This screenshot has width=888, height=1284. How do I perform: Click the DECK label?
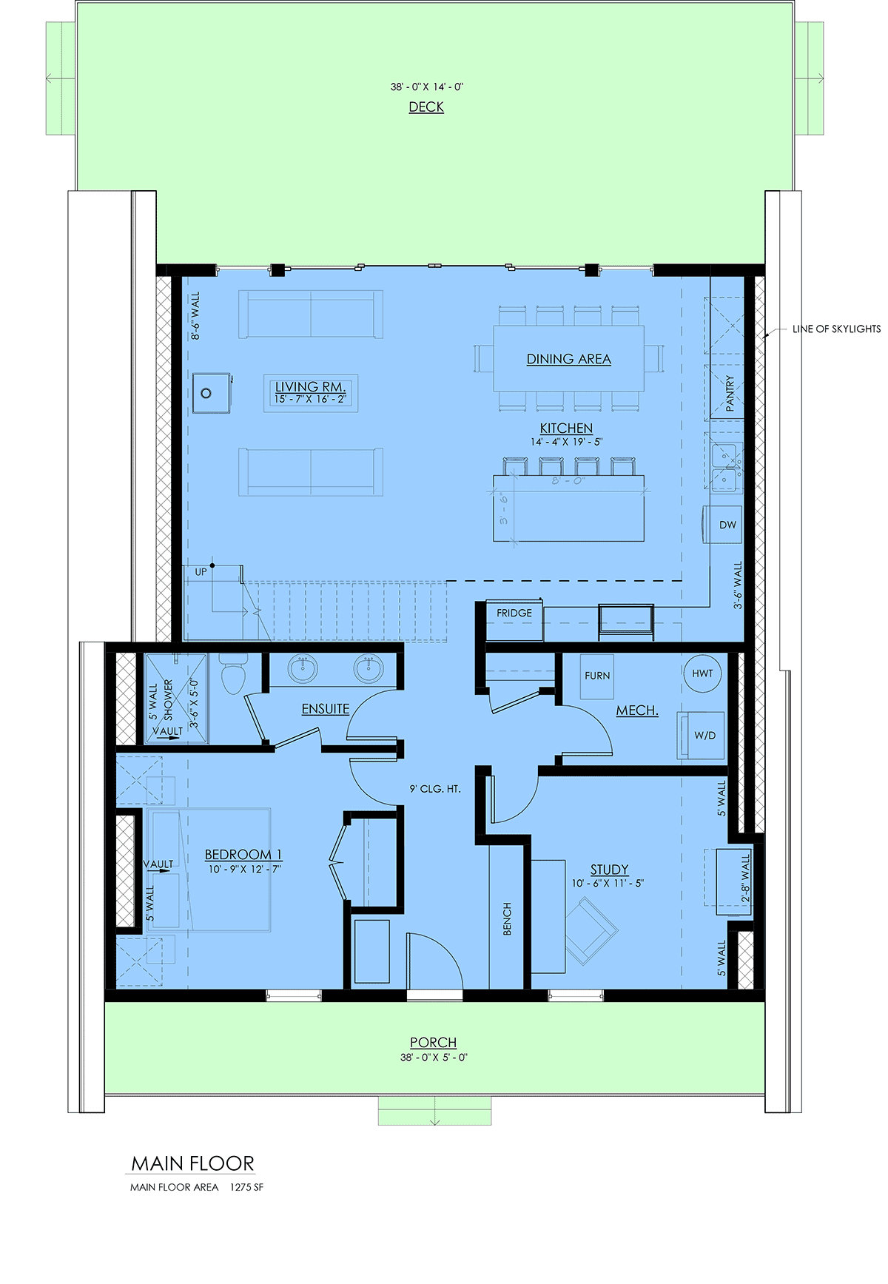tap(426, 107)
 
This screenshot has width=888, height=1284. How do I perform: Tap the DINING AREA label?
tap(568, 359)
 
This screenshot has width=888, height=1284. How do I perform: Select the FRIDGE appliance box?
tap(514, 620)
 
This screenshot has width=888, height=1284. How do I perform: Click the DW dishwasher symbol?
tap(722, 525)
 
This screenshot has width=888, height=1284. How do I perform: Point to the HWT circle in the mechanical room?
tap(702, 673)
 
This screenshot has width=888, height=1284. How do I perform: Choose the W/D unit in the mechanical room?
tap(701, 735)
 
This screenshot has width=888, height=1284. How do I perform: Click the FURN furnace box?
tap(597, 676)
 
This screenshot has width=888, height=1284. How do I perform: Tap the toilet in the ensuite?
tap(233, 673)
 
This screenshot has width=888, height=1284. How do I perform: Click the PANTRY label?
tap(730, 393)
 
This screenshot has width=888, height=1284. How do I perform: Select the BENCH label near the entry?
tap(508, 918)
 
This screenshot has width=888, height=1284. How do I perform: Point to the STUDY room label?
tap(609, 870)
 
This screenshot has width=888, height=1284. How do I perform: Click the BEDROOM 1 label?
tap(243, 855)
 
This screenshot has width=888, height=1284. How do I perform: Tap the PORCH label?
tap(434, 1043)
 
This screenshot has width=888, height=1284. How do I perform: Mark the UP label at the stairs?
tap(201, 572)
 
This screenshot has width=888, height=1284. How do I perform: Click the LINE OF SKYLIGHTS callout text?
tap(836, 329)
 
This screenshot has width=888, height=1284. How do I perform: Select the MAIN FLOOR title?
tap(192, 1163)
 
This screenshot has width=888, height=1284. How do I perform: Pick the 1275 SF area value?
tap(246, 1187)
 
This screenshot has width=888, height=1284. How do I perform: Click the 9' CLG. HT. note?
tap(435, 789)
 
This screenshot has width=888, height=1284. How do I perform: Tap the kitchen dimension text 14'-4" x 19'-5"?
tap(566, 442)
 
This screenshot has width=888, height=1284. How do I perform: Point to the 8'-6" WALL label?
tap(195, 315)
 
